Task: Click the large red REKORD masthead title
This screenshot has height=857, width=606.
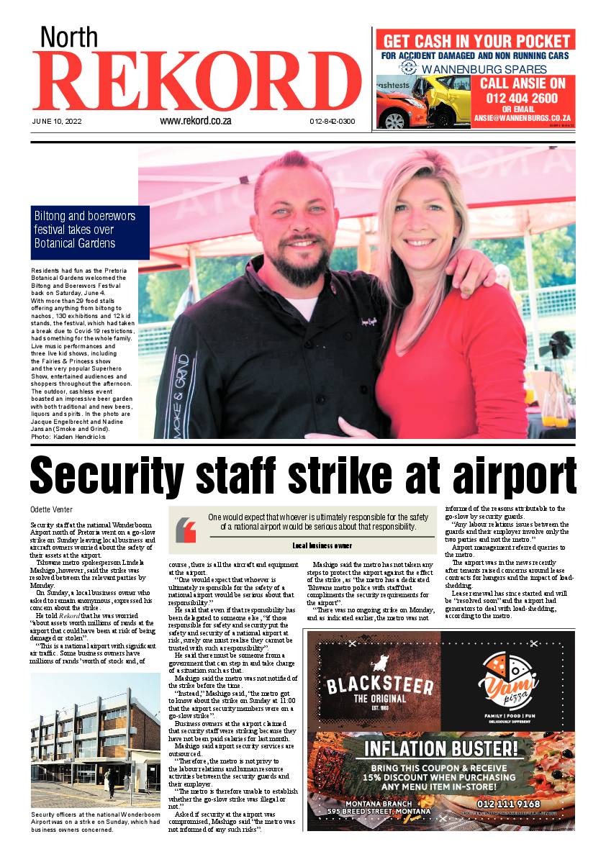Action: click(x=196, y=81)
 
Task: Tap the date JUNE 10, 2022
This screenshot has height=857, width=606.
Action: click(x=57, y=122)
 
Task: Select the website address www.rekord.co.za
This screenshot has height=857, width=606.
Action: click(x=195, y=121)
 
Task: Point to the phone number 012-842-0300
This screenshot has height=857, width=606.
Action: click(x=333, y=122)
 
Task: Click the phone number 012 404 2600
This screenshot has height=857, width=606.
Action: click(x=522, y=98)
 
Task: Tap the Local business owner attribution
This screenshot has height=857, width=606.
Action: click(x=322, y=546)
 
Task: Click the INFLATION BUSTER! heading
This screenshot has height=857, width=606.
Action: click(x=440, y=748)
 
